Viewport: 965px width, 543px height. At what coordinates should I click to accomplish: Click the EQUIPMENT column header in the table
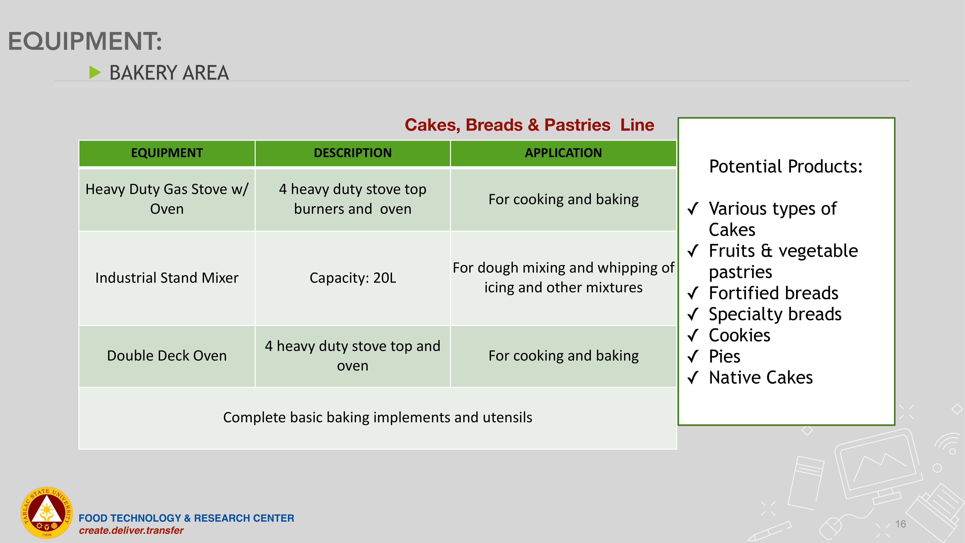(167, 153)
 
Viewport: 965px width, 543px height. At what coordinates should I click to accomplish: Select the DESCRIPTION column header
(352, 153)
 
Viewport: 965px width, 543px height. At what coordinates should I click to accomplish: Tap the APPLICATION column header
(563, 153)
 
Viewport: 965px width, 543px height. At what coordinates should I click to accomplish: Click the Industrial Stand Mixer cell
(167, 278)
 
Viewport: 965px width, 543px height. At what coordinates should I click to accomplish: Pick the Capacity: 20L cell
(352, 278)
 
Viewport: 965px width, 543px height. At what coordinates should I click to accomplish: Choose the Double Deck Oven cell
(167, 356)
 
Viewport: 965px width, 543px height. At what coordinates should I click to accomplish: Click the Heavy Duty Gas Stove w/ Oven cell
(167, 199)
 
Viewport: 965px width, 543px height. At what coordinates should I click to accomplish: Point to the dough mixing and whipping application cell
(563, 278)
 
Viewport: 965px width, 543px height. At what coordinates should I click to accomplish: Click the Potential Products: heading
(786, 166)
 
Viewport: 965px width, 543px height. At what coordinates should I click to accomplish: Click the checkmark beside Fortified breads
(693, 293)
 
